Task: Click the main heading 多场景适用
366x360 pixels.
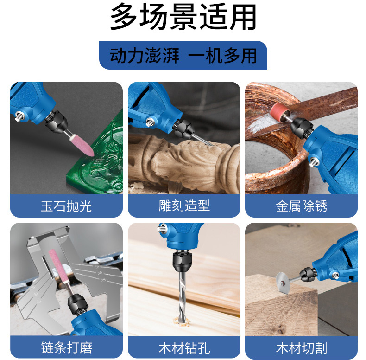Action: (x=183, y=17)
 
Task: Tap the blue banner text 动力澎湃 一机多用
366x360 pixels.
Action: (x=183, y=56)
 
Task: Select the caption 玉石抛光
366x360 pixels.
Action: (x=66, y=206)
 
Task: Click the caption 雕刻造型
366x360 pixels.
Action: (x=184, y=206)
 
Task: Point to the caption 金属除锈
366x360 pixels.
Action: (x=301, y=206)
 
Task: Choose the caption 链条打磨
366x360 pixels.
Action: (x=67, y=347)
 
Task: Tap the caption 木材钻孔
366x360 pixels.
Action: (x=184, y=347)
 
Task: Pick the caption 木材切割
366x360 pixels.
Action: (x=301, y=347)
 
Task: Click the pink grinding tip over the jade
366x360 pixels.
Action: (x=82, y=145)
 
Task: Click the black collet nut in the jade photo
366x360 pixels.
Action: (x=57, y=122)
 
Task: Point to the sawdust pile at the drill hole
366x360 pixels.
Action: (x=181, y=321)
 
